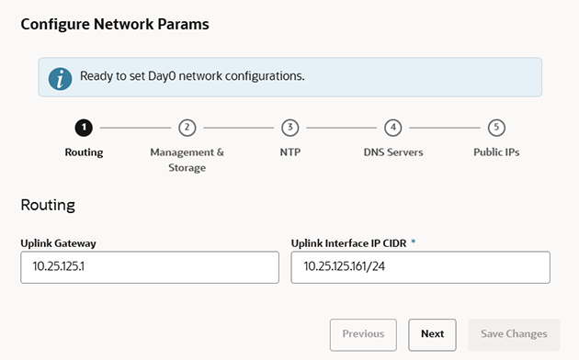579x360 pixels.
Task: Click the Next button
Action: click(432, 334)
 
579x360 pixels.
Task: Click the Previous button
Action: click(363, 334)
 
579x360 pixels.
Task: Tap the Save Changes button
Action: click(514, 334)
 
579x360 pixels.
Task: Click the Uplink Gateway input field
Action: click(149, 267)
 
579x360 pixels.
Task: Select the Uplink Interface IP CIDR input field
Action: click(420, 267)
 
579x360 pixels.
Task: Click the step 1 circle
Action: click(84, 128)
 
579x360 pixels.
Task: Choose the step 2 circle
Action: click(187, 128)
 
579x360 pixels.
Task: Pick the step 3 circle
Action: click(290, 128)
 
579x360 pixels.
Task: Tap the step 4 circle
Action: click(393, 128)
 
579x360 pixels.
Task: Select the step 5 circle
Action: click(496, 128)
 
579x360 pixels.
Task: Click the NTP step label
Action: click(290, 152)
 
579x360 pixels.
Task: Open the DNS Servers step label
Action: click(393, 152)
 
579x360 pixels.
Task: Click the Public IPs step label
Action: click(496, 152)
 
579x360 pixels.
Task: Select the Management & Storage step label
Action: click(187, 159)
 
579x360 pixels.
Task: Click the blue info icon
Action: click(61, 78)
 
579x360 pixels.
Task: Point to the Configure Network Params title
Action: click(115, 25)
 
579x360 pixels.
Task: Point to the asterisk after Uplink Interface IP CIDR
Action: click(413, 242)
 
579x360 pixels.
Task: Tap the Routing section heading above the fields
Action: click(48, 204)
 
